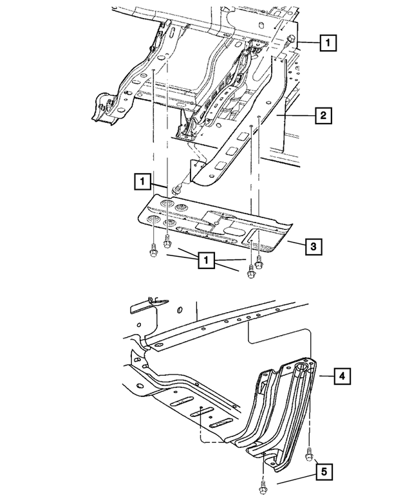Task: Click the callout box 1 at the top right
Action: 327,44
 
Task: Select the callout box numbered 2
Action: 322,116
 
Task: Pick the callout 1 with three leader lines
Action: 207,260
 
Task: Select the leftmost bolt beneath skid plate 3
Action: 153,252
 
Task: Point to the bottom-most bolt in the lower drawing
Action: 263,485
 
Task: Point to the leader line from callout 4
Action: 325,375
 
